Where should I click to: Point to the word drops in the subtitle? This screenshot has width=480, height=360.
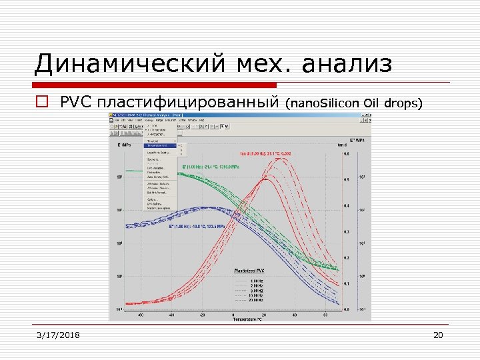point(405,103)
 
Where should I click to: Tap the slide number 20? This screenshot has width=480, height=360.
point(438,335)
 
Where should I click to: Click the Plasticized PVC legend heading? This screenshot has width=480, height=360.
point(249,271)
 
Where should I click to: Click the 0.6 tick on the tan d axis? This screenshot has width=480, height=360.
point(345,153)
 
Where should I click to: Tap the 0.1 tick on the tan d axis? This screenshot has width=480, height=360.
point(345,283)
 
